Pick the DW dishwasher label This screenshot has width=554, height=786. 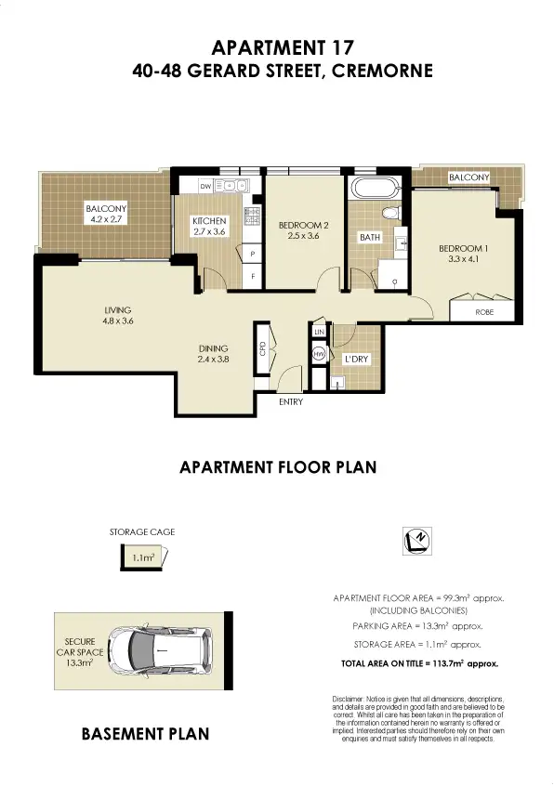pyautogui.click(x=191, y=184)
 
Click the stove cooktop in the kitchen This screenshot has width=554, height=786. pyautogui.click(x=250, y=216)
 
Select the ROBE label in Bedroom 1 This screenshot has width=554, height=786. pyautogui.click(x=485, y=313)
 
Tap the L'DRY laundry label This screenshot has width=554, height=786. pyautogui.click(x=353, y=359)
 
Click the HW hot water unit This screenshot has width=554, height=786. pyautogui.click(x=318, y=354)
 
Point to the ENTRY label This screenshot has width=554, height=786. pyautogui.click(x=290, y=401)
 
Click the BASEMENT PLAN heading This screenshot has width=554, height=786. pyautogui.click(x=145, y=733)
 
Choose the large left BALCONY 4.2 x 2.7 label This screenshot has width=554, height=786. pyautogui.click(x=105, y=215)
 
